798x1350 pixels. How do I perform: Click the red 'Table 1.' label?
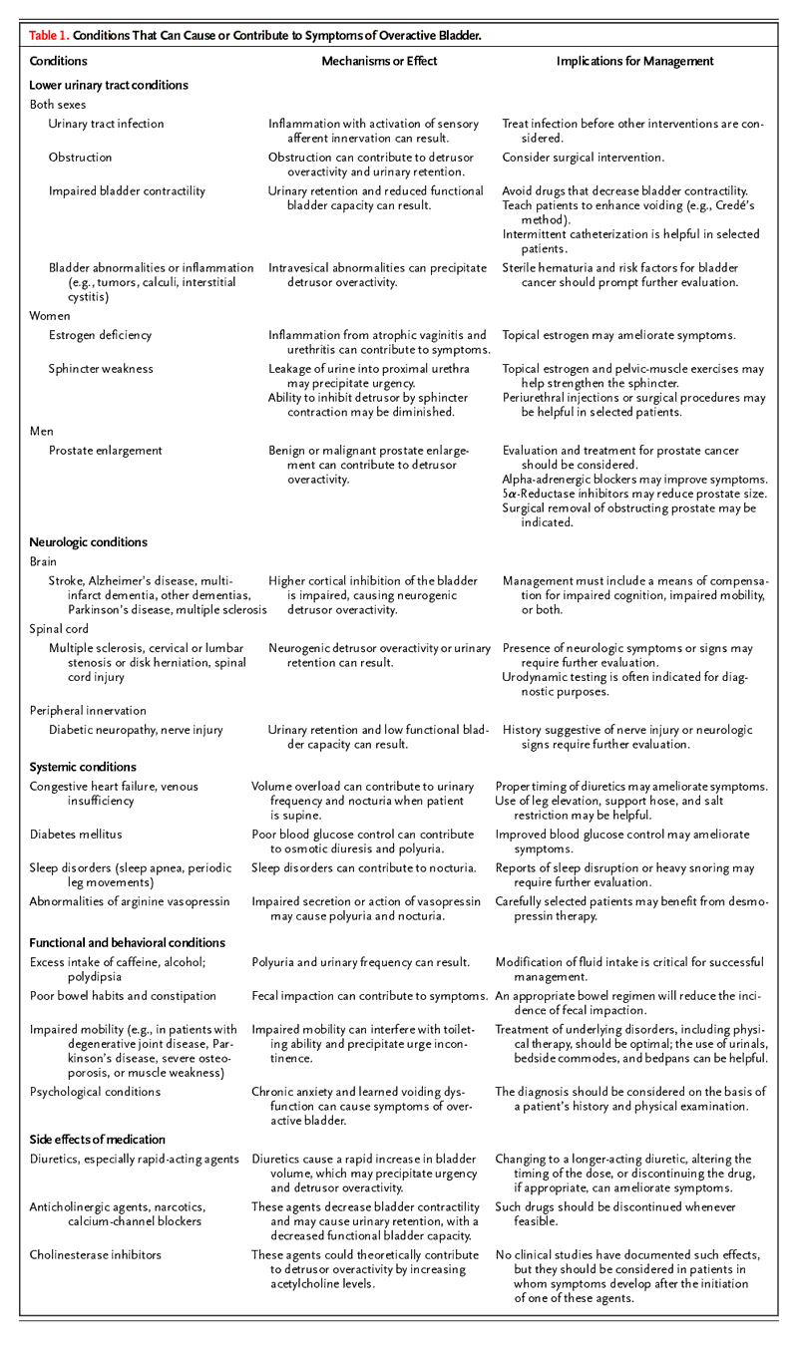click(49, 35)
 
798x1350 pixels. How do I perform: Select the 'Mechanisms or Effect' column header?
click(379, 62)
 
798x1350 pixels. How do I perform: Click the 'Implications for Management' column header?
click(634, 62)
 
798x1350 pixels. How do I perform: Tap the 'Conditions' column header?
click(58, 62)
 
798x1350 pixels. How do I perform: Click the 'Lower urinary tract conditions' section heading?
click(109, 86)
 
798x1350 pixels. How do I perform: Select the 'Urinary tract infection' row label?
click(107, 125)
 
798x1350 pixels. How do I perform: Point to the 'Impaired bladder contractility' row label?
click(127, 191)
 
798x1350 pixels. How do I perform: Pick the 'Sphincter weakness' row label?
click(101, 369)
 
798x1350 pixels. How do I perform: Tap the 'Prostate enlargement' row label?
click(107, 451)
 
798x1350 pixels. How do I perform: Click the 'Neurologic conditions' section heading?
click(88, 542)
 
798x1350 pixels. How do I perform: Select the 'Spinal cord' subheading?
click(59, 630)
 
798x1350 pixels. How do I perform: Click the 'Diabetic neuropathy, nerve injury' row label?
click(136, 731)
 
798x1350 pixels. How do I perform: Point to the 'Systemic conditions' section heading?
click(83, 768)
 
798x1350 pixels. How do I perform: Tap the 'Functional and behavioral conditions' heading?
click(127, 942)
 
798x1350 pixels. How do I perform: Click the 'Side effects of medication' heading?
click(98, 1140)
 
